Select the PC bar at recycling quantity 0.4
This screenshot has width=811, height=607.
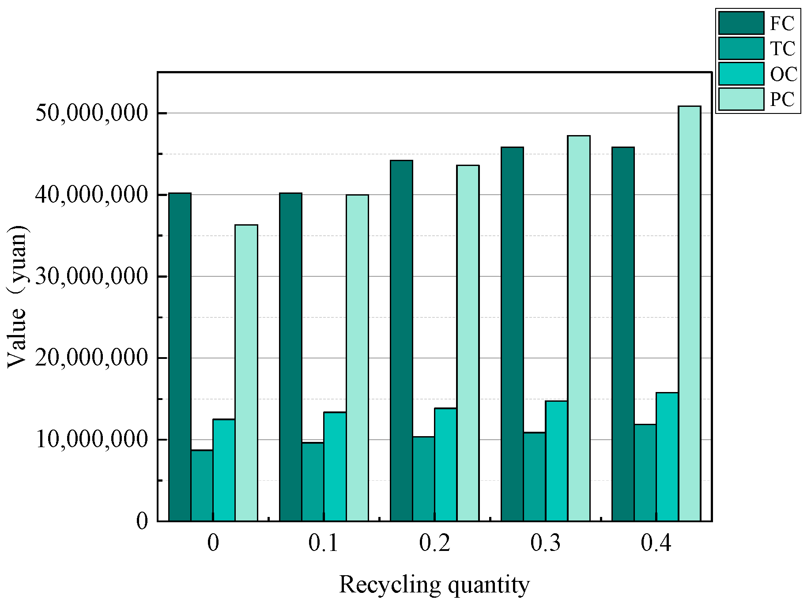click(x=689, y=313)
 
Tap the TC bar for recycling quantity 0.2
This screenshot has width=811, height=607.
click(x=423, y=479)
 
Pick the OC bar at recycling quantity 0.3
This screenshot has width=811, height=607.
click(x=556, y=461)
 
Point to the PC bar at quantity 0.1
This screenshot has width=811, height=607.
click(x=357, y=358)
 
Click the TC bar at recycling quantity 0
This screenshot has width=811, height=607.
click(x=202, y=485)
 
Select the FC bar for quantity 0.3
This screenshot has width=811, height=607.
click(x=512, y=334)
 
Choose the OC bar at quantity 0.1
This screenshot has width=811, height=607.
click(x=335, y=466)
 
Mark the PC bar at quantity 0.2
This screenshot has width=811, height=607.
click(x=468, y=343)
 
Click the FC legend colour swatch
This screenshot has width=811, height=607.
click(x=741, y=23)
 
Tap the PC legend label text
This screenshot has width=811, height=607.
click(x=782, y=99)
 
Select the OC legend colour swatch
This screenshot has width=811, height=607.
click(x=741, y=74)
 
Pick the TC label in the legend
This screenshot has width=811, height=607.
click(x=782, y=49)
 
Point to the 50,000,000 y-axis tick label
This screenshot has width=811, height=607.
click(x=91, y=113)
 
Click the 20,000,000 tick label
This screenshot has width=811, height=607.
click(x=91, y=358)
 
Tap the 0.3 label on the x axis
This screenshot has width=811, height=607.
click(x=545, y=543)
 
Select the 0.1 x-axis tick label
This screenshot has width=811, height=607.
click(x=324, y=543)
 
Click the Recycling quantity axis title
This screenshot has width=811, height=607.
click(x=434, y=584)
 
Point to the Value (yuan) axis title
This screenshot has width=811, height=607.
click(x=18, y=296)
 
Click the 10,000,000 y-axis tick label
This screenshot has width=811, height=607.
click(x=91, y=440)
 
